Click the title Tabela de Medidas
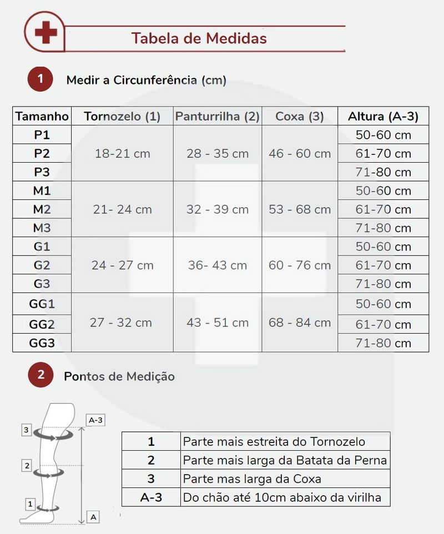(199, 38)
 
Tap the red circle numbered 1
(40, 79)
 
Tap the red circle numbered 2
(40, 375)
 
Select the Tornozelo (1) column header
(122, 116)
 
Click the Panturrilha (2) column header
(217, 116)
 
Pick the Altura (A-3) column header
(383, 116)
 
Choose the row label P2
(42, 153)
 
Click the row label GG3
(42, 343)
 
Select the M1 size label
(42, 190)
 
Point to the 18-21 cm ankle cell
(122, 153)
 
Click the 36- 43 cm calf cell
(217, 265)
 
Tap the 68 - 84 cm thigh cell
(300, 323)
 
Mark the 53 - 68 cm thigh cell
(300, 209)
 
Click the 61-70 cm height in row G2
(383, 265)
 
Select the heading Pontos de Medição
(119, 376)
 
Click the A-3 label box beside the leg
(96, 420)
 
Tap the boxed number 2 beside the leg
(27, 466)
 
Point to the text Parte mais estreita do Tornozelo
(274, 442)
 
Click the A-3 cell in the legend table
(151, 497)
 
